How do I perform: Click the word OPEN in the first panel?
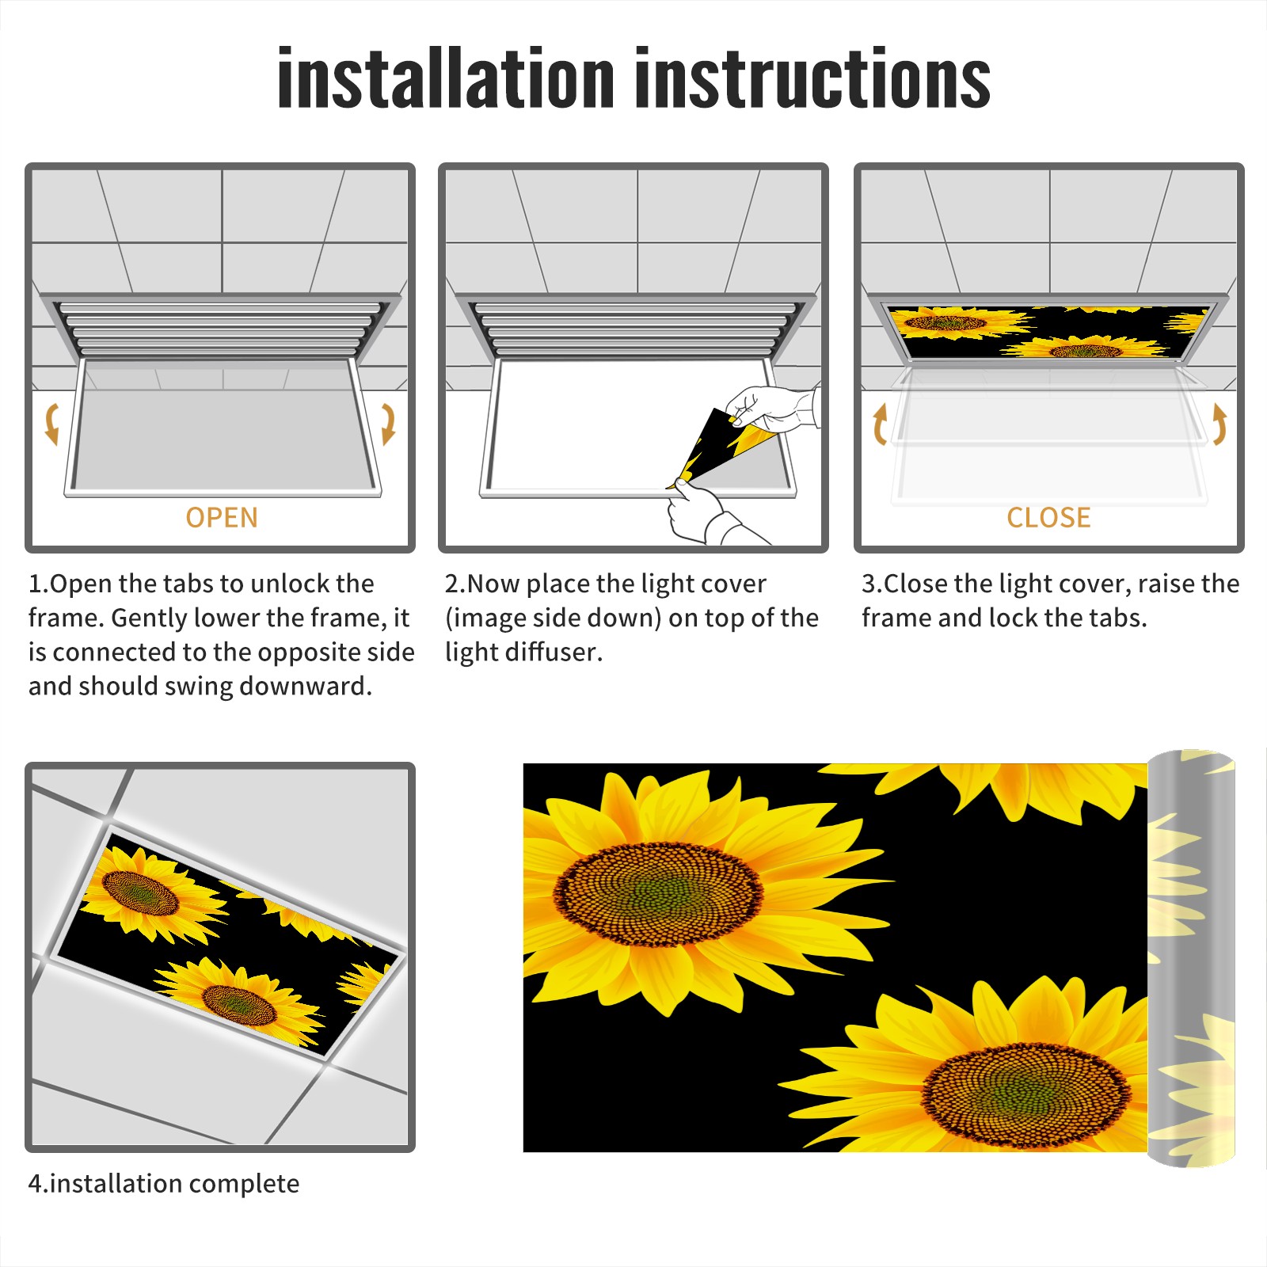tap(222, 518)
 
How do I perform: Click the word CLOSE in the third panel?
tap(1048, 518)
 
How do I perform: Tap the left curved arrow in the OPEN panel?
tap(52, 424)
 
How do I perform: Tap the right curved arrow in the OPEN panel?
tap(388, 424)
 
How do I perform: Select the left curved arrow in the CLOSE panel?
tap(880, 424)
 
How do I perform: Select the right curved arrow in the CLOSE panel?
tap(1219, 424)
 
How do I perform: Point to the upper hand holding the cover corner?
tap(772, 407)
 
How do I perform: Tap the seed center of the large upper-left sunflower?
tap(658, 894)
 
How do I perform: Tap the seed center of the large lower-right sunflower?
tap(1026, 1096)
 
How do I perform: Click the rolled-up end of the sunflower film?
tap(1191, 958)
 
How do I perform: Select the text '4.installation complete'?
tap(164, 1183)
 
